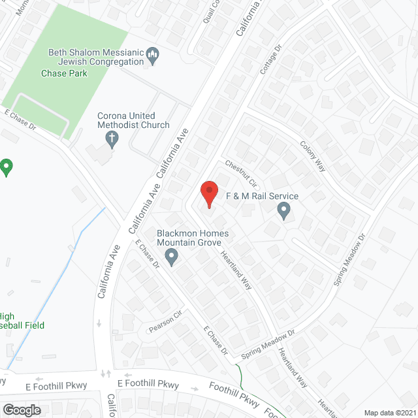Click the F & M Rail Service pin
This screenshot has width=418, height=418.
click(x=283, y=210)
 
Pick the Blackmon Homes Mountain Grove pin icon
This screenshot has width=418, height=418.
click(x=171, y=256)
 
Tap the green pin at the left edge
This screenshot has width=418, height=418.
click(x=7, y=167)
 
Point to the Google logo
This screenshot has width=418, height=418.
click(x=22, y=410)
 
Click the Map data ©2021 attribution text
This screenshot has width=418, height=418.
click(x=389, y=412)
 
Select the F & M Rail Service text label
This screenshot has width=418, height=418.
click(x=262, y=196)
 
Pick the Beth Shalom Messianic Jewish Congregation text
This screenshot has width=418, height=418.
click(x=96, y=57)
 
